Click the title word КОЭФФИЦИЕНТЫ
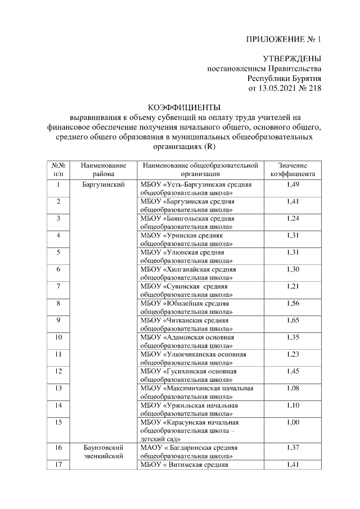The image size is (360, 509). [x=184, y=107]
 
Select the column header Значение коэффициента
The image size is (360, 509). [x=292, y=170]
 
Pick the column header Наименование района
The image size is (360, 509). [x=103, y=170]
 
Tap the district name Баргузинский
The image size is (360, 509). [x=103, y=184]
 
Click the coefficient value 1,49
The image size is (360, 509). [x=292, y=184]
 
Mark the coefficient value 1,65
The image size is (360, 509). [x=292, y=320]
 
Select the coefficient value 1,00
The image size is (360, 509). [x=292, y=422]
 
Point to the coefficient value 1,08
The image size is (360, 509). [x=292, y=388]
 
